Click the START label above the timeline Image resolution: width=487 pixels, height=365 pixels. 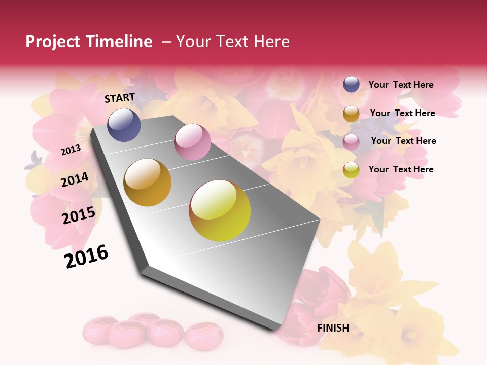[x=120, y=98]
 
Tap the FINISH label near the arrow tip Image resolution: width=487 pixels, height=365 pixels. [x=333, y=328]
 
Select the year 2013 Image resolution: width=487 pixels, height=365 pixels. [x=71, y=150]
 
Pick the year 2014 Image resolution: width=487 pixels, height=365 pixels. [x=75, y=179]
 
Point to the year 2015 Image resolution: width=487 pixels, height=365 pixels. [x=79, y=215]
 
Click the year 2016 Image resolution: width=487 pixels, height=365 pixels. [x=86, y=257]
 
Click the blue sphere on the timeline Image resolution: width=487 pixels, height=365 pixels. [x=124, y=125]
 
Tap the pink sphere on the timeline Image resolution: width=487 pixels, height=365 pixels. [x=192, y=142]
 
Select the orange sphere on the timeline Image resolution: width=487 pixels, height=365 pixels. [x=148, y=182]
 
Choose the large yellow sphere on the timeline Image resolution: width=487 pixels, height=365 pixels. [x=220, y=210]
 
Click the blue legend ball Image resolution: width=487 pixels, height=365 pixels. [x=351, y=84]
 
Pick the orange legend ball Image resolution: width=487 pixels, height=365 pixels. [x=351, y=114]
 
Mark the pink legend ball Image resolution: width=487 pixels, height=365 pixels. [x=351, y=141]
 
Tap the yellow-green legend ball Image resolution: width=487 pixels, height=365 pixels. [x=351, y=170]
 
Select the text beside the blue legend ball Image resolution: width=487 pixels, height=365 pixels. [x=401, y=85]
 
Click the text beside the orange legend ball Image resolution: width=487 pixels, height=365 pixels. [x=402, y=113]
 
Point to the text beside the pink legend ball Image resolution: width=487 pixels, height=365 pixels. [x=403, y=141]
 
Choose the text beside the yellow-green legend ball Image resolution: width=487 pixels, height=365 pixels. [x=401, y=169]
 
